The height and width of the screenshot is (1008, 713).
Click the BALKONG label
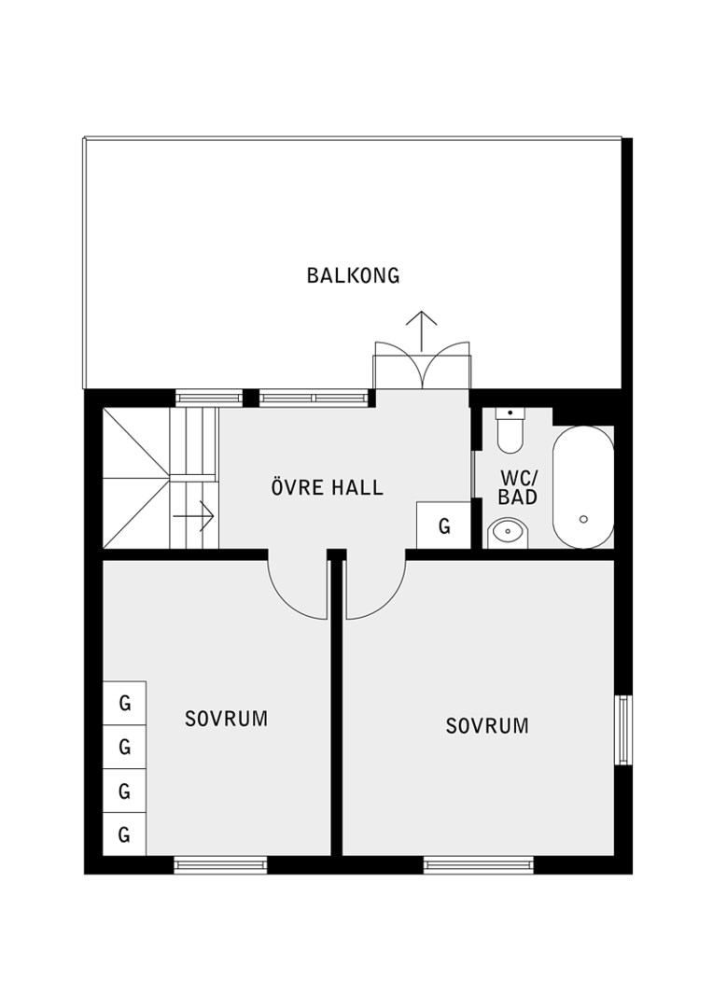(x=353, y=275)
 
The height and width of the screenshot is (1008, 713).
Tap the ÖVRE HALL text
(x=328, y=487)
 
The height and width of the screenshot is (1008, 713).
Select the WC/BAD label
(x=518, y=487)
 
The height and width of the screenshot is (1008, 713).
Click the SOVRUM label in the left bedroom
(x=226, y=718)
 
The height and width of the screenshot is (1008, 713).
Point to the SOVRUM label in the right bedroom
(x=487, y=726)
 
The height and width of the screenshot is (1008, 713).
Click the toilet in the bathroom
(x=511, y=429)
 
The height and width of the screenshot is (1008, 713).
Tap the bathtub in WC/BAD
(x=583, y=487)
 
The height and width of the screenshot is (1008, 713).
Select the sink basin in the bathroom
(x=508, y=534)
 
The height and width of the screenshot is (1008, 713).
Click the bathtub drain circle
(x=584, y=519)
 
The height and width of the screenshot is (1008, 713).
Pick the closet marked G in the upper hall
(x=443, y=525)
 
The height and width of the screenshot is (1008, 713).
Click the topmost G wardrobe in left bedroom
(x=125, y=704)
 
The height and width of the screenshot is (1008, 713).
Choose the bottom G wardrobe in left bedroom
(x=125, y=834)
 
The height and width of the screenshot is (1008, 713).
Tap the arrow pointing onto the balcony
(x=423, y=331)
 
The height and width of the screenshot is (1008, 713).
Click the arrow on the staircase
(x=193, y=515)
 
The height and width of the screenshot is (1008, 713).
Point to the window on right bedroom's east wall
(x=623, y=730)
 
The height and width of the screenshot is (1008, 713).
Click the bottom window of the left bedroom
(x=220, y=865)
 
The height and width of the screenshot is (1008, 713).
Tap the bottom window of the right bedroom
(x=479, y=865)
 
